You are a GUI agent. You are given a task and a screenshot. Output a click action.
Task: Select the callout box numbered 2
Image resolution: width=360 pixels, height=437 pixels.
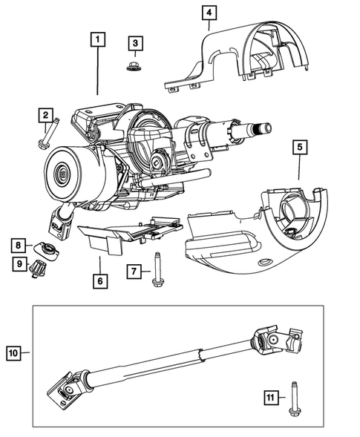coord(46,115)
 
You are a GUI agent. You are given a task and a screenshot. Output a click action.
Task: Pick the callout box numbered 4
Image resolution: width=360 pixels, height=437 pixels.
coord(210,13)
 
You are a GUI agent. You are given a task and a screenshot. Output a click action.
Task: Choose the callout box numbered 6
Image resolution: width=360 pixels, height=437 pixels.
coord(100,281)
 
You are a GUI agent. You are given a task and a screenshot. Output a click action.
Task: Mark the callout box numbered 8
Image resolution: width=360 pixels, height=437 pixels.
coord(20,243)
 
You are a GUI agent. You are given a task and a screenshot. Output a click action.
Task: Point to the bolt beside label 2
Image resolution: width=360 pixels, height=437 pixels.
coord(47,139)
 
